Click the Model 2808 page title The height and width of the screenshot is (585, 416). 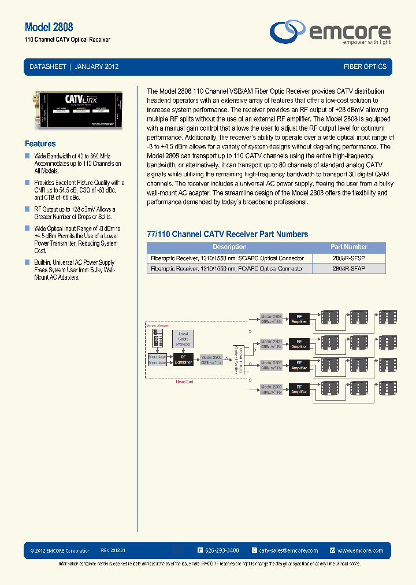pos(49,27)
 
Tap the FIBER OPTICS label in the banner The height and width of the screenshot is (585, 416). pos(365,66)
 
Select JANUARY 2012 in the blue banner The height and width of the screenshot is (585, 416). pos(96,66)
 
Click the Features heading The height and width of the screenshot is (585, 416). pos(40,144)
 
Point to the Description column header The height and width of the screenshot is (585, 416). pos(229,247)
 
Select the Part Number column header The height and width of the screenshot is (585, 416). pos(348,247)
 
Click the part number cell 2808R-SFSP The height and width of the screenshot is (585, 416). pos(348,258)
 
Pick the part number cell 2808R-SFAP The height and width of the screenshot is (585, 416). pos(348,269)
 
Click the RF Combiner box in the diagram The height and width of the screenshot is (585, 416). pos(183,360)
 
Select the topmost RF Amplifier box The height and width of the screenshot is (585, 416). pos(299,319)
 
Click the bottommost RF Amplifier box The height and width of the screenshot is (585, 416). pos(299,389)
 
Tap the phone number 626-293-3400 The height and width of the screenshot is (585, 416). pos(222,551)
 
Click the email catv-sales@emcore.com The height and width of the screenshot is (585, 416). pos(288,551)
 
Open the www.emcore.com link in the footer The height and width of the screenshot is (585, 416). pos(360,551)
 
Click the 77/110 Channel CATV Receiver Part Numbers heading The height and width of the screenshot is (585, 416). pos(228,234)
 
